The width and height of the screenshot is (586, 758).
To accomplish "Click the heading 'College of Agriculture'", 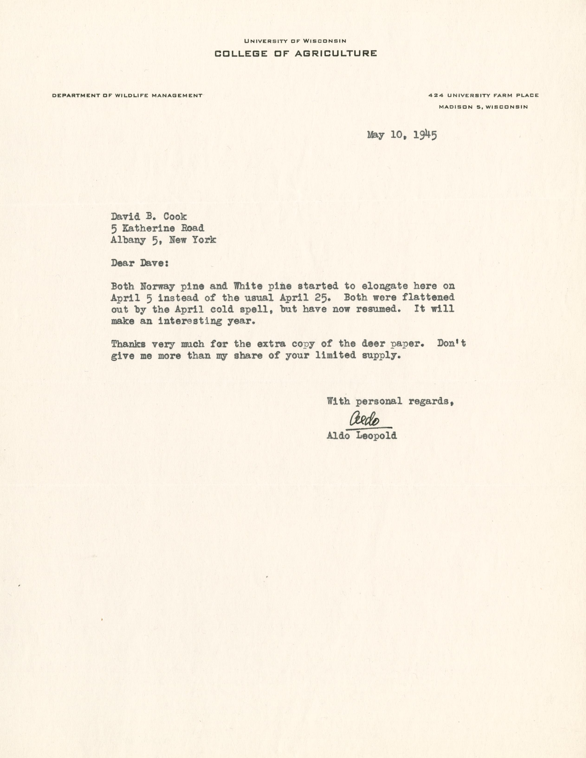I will [295, 53].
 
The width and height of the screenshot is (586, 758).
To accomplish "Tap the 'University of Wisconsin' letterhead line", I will [295, 41].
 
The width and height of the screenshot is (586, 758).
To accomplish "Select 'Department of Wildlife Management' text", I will [127, 95].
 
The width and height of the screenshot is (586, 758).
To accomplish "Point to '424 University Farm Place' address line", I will [483, 95].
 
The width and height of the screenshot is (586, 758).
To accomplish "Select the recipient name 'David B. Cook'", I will [149, 217].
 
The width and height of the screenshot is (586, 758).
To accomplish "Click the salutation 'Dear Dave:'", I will [140, 263].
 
